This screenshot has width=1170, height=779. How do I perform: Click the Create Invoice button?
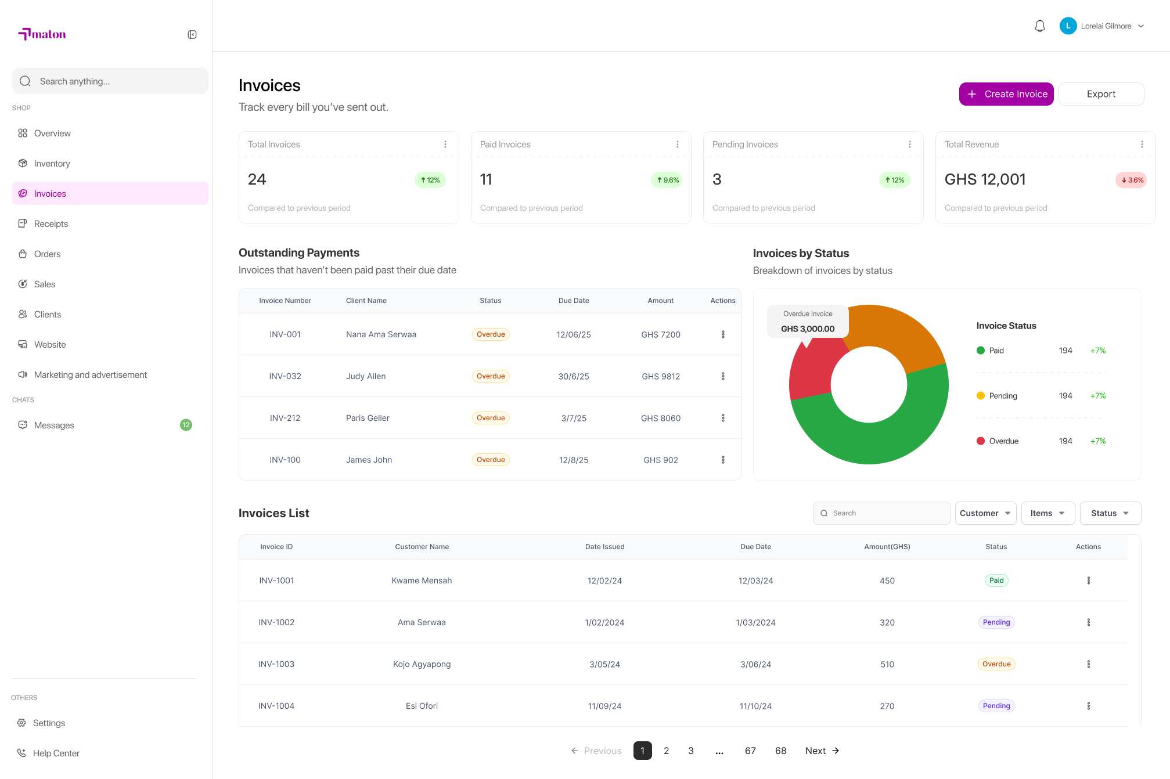1006,94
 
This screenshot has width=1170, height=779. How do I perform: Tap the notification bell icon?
1040,26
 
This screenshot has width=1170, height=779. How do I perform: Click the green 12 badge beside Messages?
186,425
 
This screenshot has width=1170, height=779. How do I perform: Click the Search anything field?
110,81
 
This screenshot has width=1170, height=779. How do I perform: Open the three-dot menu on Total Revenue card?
1142,145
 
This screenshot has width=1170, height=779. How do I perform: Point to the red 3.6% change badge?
1131,180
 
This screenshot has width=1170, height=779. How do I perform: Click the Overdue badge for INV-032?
491,376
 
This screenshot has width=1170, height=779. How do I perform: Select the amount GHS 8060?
661,418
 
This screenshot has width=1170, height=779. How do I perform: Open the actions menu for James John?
723,460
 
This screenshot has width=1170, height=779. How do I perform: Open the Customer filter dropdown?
985,513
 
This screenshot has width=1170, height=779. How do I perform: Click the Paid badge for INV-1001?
996,580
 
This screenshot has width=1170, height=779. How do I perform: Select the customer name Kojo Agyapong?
422,664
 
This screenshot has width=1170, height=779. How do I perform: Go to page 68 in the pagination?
780,751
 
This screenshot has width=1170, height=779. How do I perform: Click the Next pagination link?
822,751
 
